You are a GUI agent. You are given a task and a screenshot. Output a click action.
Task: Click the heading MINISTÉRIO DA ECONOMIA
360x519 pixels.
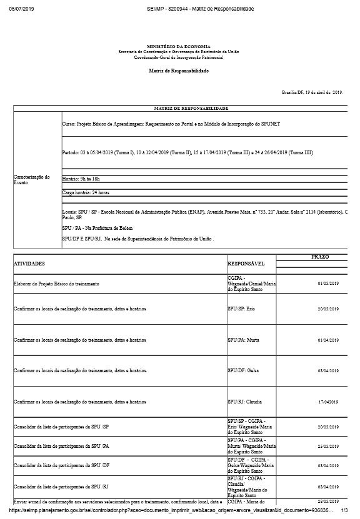179,47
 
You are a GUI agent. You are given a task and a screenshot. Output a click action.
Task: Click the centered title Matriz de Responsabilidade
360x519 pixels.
179,71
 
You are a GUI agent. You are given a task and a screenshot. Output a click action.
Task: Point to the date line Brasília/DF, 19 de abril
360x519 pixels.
312,92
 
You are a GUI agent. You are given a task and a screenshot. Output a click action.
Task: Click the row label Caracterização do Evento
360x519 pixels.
31,179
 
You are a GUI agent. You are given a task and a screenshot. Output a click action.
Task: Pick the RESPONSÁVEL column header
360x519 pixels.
246,264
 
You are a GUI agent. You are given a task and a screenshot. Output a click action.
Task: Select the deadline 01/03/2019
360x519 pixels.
328,284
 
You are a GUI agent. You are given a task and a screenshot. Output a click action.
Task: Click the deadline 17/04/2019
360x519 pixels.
328,402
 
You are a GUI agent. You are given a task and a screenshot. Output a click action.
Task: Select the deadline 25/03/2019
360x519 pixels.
328,447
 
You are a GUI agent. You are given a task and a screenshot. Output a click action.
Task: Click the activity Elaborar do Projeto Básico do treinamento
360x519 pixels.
57,284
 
